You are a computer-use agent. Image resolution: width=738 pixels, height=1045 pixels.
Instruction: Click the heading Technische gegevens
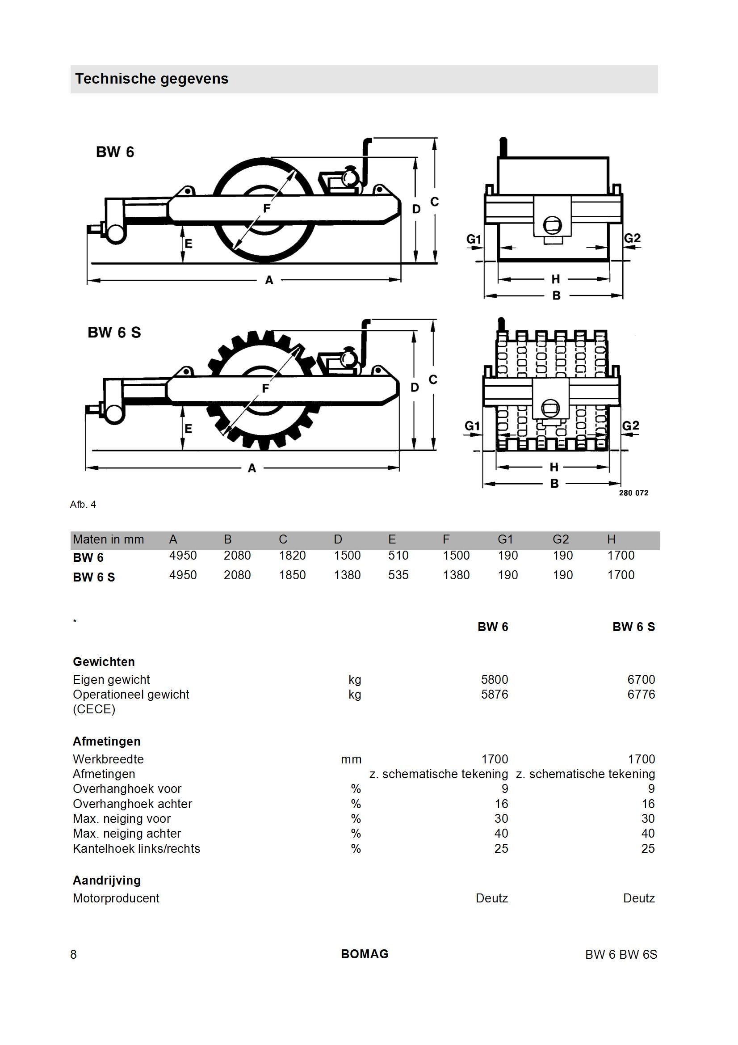point(151,79)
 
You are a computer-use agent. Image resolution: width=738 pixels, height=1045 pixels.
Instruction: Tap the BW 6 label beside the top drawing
point(115,152)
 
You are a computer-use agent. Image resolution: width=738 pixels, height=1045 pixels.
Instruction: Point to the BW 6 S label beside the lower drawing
point(114,333)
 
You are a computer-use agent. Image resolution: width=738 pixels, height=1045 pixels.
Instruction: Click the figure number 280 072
point(633,493)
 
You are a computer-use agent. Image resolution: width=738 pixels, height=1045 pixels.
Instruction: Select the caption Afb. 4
point(83,504)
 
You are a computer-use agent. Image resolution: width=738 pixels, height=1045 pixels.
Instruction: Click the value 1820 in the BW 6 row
point(292,556)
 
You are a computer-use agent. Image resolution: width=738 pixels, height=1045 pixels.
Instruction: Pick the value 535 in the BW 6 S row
point(398,575)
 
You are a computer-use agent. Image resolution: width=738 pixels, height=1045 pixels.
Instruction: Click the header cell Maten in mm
point(108,540)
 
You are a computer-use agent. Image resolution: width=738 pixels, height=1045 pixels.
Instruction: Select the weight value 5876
point(495,695)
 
